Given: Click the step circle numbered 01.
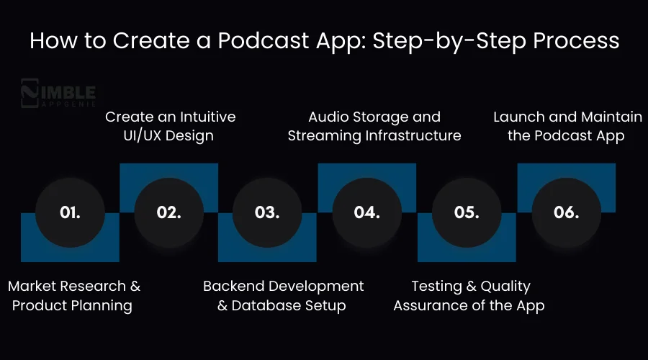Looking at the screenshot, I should pyautogui.click(x=70, y=212).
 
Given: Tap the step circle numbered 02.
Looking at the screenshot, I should pyautogui.click(x=169, y=212).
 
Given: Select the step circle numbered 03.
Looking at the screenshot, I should pyautogui.click(x=267, y=212).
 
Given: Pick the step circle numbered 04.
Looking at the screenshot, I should pyautogui.click(x=367, y=212).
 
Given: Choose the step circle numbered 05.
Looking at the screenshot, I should pyautogui.click(x=467, y=212).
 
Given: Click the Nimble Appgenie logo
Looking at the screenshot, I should pyautogui.click(x=58, y=93).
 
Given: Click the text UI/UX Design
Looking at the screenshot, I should pyautogui.click(x=168, y=135).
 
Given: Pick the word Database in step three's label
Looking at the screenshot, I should pyautogui.click(x=268, y=305).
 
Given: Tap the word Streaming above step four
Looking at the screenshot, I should pyautogui.click(x=323, y=135).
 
